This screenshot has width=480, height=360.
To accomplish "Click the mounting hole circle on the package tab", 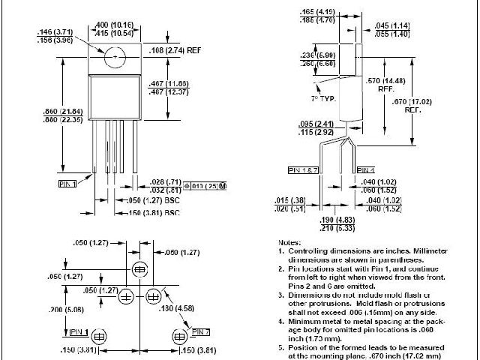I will [115, 55].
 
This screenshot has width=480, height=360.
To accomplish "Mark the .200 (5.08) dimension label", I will [56, 309].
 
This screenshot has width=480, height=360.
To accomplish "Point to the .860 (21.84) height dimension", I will [55, 111].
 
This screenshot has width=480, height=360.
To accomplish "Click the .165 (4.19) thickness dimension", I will [317, 12].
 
